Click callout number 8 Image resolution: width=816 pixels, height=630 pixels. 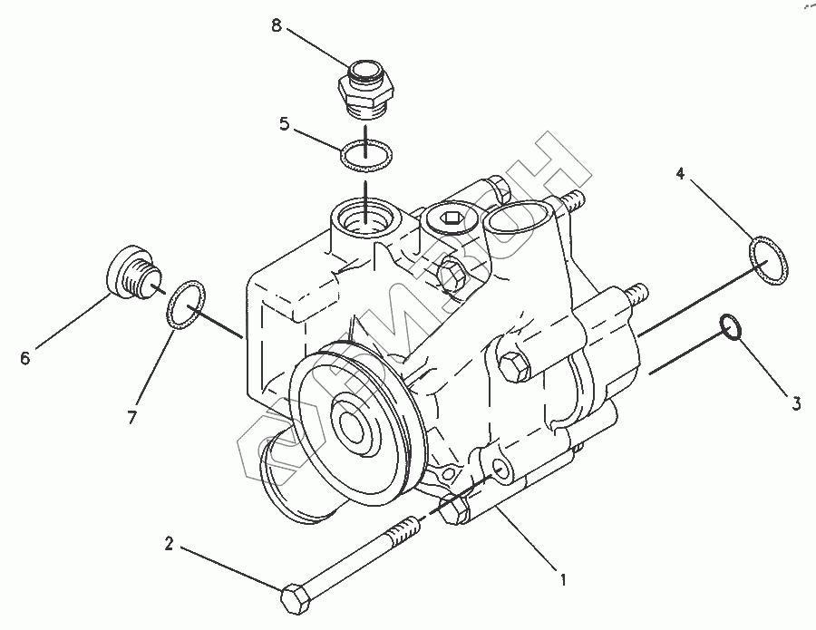pos(277,25)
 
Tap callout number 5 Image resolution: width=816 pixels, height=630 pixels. pos(284,124)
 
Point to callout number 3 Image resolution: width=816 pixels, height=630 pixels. pos(795,404)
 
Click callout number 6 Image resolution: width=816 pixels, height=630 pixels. pos(24,359)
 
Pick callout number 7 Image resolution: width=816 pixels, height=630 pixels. pos(131,417)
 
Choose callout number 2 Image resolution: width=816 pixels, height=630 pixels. pos(169,545)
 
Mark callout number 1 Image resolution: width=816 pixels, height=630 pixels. pos(563,578)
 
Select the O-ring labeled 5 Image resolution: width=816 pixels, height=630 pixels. pos(365,156)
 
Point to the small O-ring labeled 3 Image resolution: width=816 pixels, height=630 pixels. pos(731,327)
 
